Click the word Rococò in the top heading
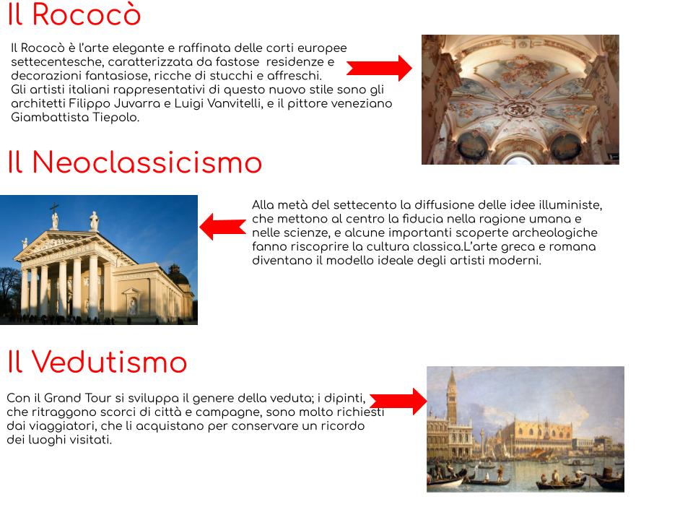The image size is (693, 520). pyautogui.click(x=87, y=14)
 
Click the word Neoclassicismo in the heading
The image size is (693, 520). pyautogui.click(x=147, y=162)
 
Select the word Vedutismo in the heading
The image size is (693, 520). pyautogui.click(x=110, y=362)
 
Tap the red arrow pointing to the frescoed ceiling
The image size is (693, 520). pyautogui.click(x=379, y=68)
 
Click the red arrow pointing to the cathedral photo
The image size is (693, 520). pyautogui.click(x=223, y=227)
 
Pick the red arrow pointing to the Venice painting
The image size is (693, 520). pyautogui.click(x=398, y=402)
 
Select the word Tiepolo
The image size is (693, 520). pyautogui.click(x=115, y=118)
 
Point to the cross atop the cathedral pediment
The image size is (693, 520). pyautogui.click(x=54, y=208)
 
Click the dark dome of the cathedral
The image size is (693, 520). pyautogui.click(x=178, y=277)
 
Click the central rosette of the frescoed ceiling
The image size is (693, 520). pyautogui.click(x=520, y=108)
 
